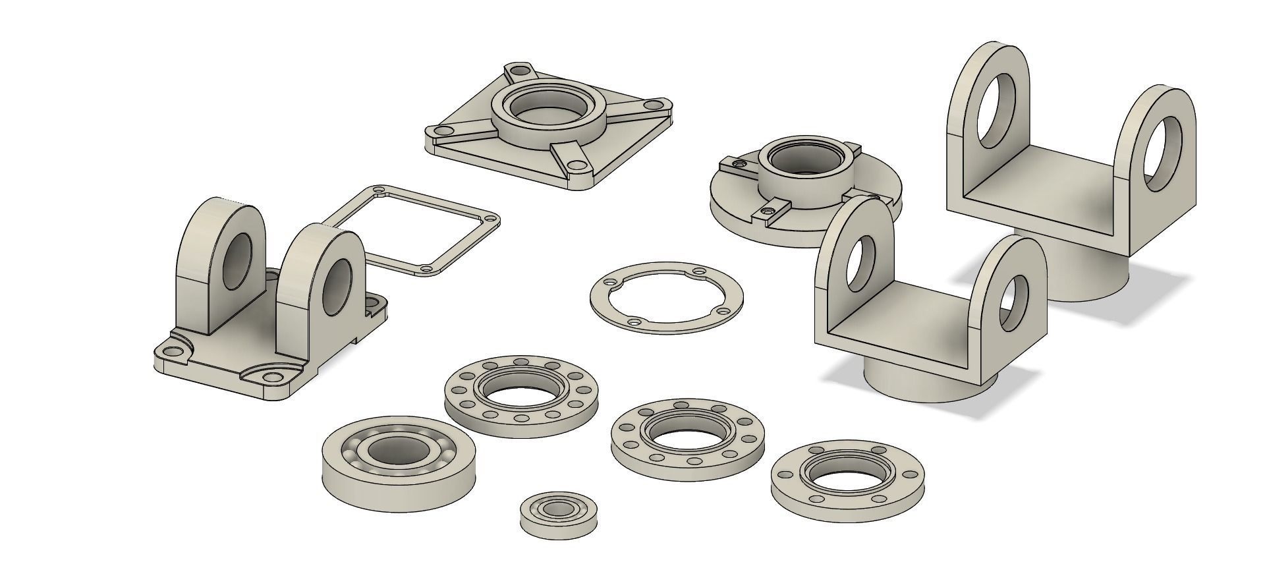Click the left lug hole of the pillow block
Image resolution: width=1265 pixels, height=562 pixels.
tap(238, 260)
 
